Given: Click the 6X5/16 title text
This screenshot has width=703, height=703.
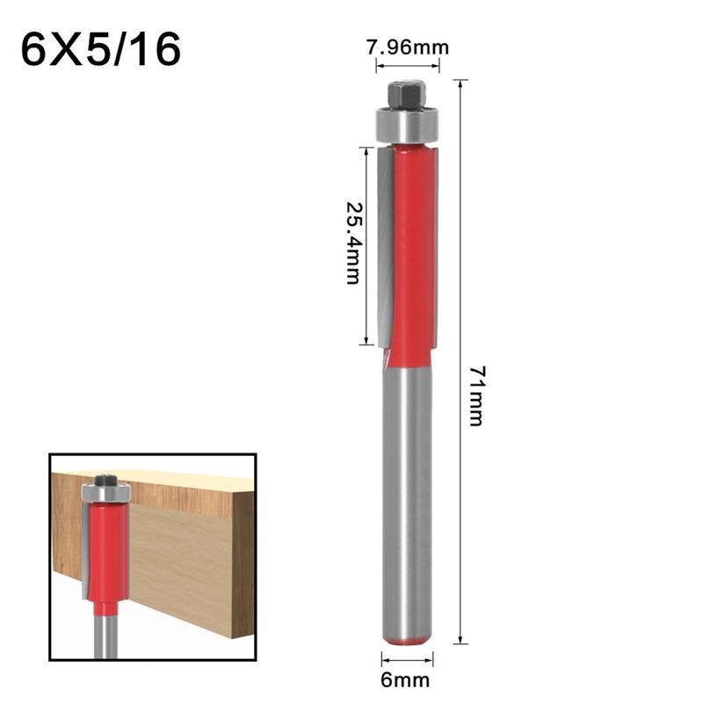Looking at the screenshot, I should click(x=100, y=50).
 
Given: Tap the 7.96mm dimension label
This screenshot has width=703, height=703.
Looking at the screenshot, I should click(x=407, y=49).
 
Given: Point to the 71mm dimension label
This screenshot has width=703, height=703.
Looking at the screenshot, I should click(x=475, y=395).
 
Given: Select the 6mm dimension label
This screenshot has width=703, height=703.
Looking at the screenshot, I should click(x=407, y=678).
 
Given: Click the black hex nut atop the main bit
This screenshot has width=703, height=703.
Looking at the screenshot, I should click(x=407, y=94).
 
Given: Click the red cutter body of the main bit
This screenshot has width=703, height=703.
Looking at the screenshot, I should click(x=413, y=255).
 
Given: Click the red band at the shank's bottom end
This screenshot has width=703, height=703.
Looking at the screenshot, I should click(x=407, y=640).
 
